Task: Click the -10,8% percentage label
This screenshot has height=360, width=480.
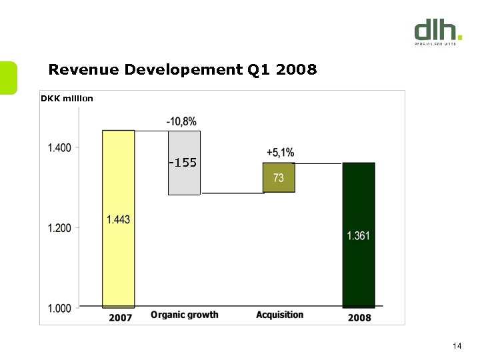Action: (181, 121)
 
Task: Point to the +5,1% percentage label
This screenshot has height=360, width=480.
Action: (280, 153)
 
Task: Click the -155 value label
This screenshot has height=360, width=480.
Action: (183, 163)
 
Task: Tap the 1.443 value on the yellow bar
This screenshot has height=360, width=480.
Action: (118, 219)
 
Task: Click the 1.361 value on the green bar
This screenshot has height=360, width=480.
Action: (359, 235)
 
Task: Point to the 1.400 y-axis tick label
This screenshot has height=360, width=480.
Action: (59, 147)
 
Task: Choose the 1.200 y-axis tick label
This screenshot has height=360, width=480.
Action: (59, 228)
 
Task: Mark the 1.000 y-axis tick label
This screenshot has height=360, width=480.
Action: (59, 308)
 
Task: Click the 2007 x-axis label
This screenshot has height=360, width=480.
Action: (120, 317)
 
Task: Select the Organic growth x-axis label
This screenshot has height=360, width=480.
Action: (185, 315)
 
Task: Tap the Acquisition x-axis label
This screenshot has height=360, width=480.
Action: (279, 315)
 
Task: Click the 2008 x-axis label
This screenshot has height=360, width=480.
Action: (360, 317)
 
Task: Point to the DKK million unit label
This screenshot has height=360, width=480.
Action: (67, 99)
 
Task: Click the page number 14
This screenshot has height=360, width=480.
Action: (457, 345)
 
